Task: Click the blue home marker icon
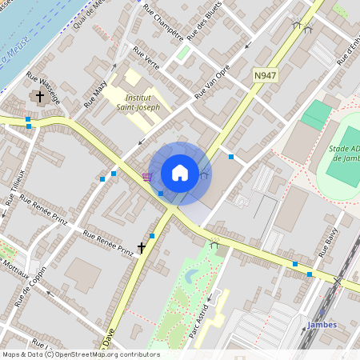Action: click(180, 173)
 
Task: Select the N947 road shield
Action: click(265, 75)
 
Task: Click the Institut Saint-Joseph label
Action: click(138, 102)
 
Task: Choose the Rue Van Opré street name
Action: click(212, 82)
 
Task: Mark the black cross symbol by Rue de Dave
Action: click(142, 249)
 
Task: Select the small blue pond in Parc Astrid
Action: click(190, 277)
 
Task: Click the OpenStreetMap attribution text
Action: click(80, 354)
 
